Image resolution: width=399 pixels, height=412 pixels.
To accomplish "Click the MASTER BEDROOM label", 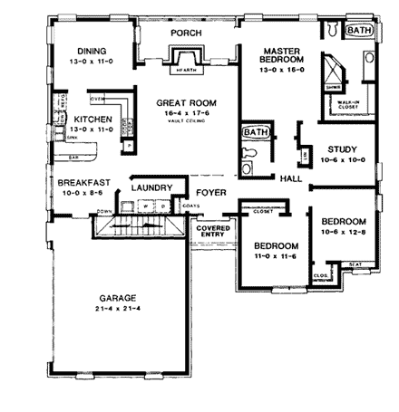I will coord(280,56).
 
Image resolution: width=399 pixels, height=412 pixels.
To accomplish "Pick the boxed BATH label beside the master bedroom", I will coord(359,30).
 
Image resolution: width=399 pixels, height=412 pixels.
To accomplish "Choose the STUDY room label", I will coord(342,149).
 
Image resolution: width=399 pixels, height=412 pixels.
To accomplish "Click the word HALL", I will coord(291,178).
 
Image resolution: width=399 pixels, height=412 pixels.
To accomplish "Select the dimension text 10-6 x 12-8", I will coord(343,233).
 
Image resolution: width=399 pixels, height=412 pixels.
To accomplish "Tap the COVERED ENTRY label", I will coord(214,233).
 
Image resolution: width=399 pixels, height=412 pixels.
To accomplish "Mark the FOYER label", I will coord(209,192).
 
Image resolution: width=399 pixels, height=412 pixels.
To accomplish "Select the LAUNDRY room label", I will coord(151,187).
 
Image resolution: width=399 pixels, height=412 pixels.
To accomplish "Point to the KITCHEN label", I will coord(92,119).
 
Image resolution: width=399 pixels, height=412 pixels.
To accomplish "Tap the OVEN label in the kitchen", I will coord(99,98).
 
